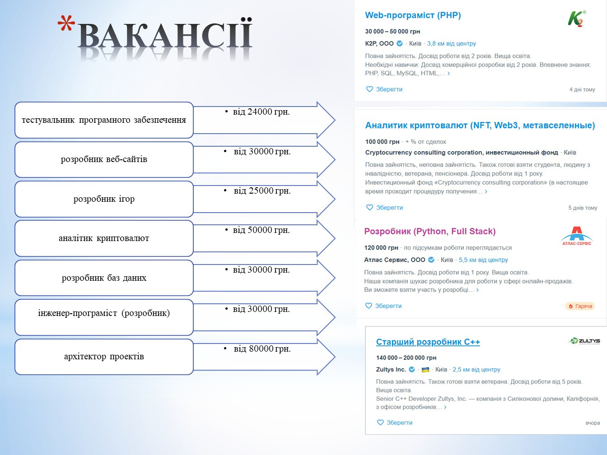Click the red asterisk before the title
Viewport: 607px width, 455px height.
66,24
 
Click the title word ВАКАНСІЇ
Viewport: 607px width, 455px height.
165,35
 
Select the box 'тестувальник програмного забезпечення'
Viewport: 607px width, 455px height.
104,120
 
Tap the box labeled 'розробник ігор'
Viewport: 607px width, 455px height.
104,199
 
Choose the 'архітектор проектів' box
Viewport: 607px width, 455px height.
104,357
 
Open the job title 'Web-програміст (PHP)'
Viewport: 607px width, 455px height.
413,15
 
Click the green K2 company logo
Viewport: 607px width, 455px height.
577,19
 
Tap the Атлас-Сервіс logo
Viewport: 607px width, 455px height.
577,236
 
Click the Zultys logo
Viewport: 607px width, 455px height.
584,341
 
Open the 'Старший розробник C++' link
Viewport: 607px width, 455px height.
428,342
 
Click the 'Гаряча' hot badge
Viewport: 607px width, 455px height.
580,306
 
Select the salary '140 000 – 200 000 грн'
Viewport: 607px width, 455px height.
406,357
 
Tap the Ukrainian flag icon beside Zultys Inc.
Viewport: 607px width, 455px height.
425,370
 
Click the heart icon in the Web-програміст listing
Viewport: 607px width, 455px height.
369,89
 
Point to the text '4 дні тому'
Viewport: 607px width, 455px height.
582,89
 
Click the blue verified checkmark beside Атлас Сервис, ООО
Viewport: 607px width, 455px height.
431,260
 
